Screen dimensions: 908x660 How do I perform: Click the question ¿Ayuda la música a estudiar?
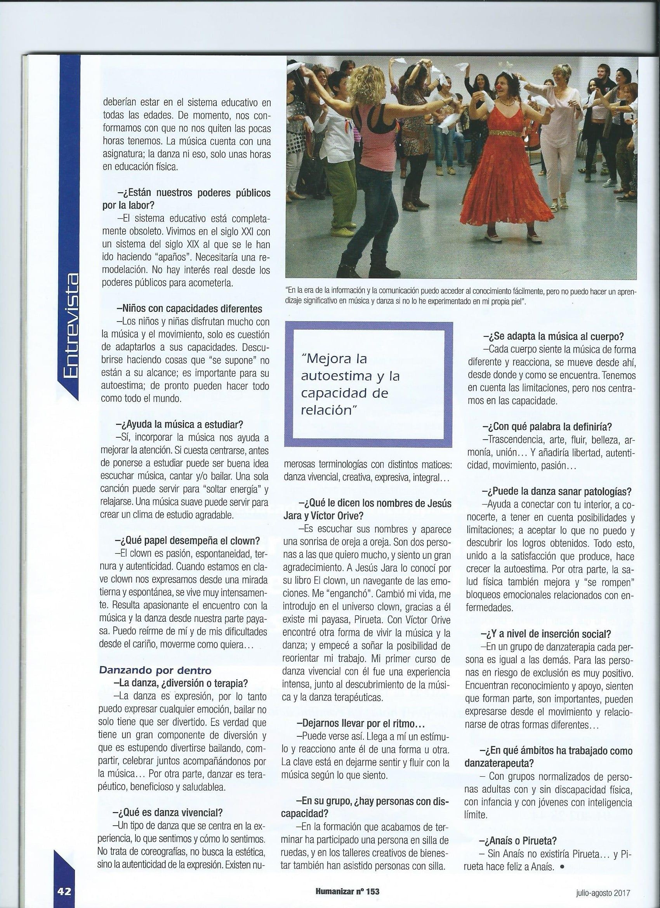pyautogui.click(x=179, y=424)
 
